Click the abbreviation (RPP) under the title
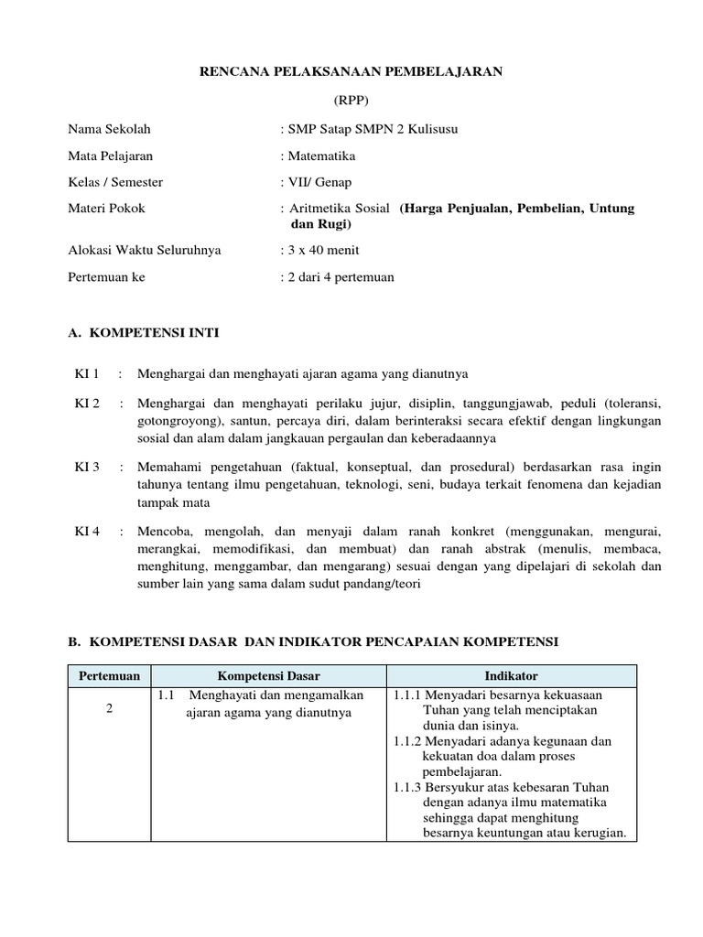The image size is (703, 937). pyautogui.click(x=351, y=100)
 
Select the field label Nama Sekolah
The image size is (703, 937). pyautogui.click(x=109, y=129)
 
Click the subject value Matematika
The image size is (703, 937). pyautogui.click(x=321, y=156)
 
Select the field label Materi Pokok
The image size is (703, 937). pyautogui.click(x=106, y=209)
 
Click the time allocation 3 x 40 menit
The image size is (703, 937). pyautogui.click(x=322, y=250)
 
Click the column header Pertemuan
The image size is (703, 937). pyautogui.click(x=110, y=676)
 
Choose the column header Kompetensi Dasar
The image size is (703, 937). pyautogui.click(x=268, y=676)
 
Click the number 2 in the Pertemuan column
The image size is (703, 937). pyautogui.click(x=109, y=711)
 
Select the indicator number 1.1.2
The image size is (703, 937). pyautogui.click(x=408, y=741)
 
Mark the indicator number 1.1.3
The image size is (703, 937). pyautogui.click(x=408, y=788)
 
